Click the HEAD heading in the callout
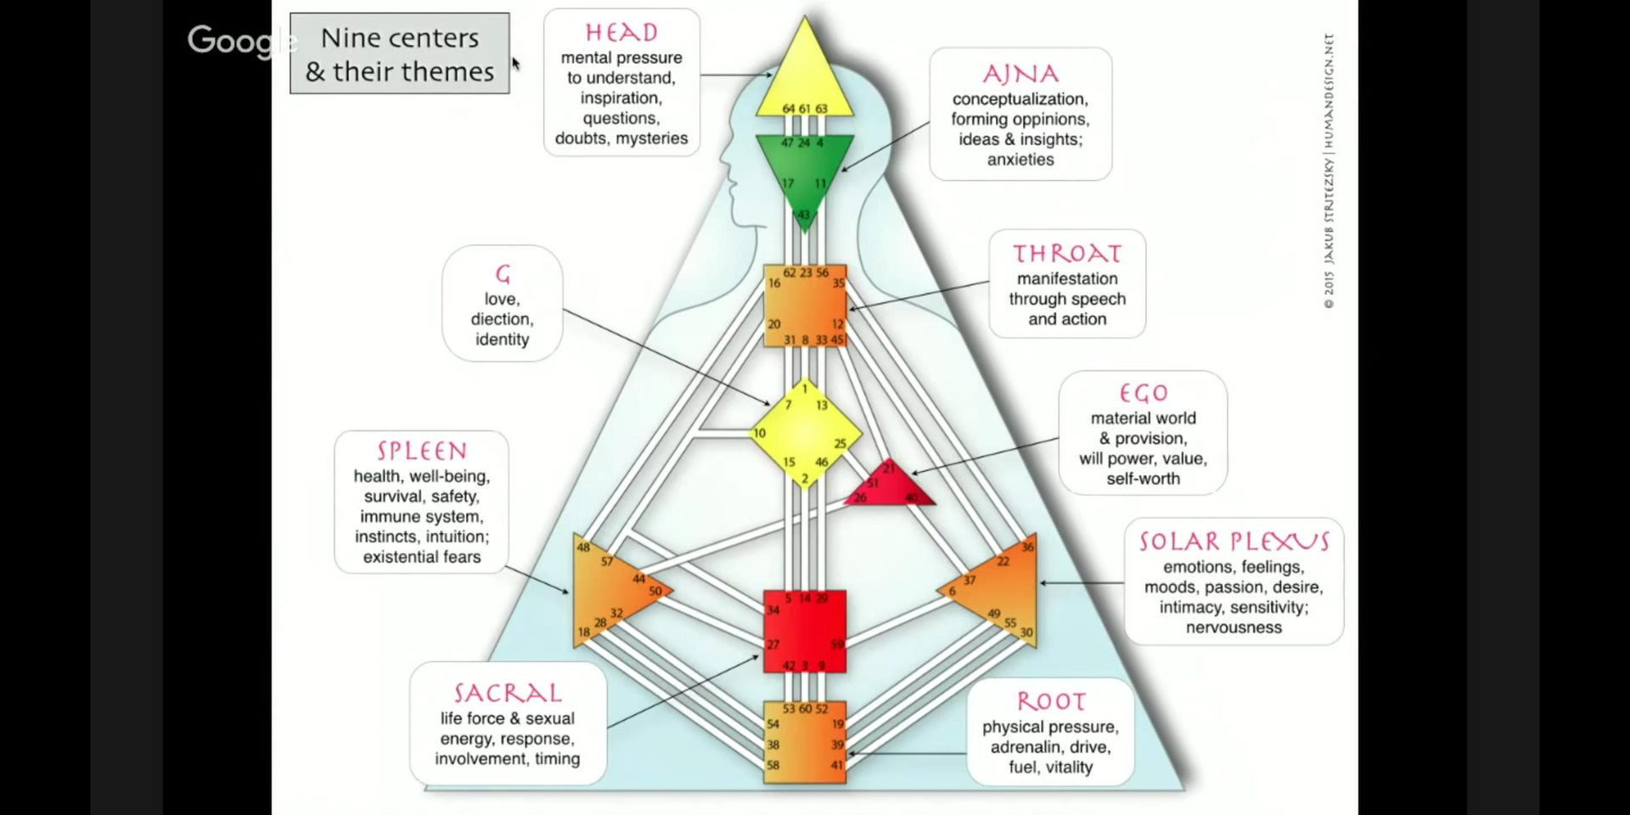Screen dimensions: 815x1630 pyautogui.click(x=621, y=32)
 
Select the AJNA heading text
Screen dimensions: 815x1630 pyautogui.click(x=1020, y=74)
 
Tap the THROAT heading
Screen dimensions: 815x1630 pyautogui.click(x=1067, y=253)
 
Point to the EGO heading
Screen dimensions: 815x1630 pyautogui.click(x=1144, y=393)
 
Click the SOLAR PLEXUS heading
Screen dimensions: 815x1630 pyautogui.click(x=1234, y=542)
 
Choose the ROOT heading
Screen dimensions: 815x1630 pyautogui.click(x=1051, y=701)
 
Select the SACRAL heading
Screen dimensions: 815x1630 pyautogui.click(x=508, y=693)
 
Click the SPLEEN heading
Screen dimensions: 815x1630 pyautogui.click(x=422, y=451)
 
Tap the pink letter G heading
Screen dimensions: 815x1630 pyautogui.click(x=503, y=274)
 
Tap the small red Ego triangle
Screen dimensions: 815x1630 pyautogui.click(x=890, y=486)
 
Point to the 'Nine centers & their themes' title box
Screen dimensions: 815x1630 pyautogui.click(x=400, y=53)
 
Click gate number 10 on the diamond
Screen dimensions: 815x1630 pyautogui.click(x=759, y=433)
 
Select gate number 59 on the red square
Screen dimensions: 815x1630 pyautogui.click(x=837, y=644)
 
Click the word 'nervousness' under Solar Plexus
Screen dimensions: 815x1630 pyautogui.click(x=1234, y=627)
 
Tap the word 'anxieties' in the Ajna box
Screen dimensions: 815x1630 pyautogui.click(x=1020, y=160)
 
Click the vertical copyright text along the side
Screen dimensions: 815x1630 pyautogui.click(x=1329, y=170)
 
